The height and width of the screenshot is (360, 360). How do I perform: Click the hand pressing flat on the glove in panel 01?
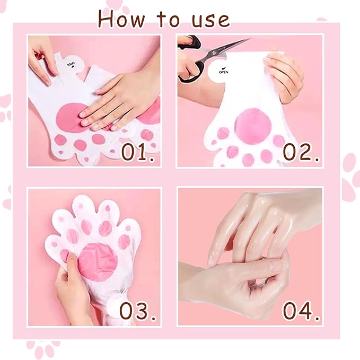point(114,101)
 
